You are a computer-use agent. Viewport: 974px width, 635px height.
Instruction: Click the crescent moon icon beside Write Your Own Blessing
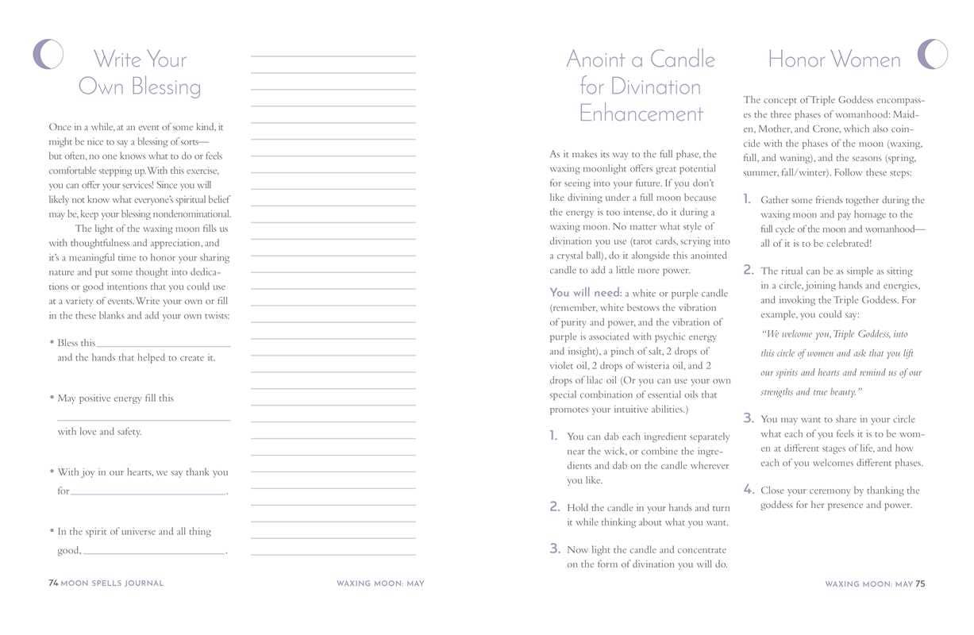click(x=48, y=54)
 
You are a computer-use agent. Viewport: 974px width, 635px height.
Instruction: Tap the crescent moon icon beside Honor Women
click(x=933, y=54)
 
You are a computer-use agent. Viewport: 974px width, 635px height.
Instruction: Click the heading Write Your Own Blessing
click(x=140, y=72)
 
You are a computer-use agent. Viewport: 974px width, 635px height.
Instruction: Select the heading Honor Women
click(x=833, y=60)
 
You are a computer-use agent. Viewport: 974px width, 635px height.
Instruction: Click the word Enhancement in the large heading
click(x=641, y=114)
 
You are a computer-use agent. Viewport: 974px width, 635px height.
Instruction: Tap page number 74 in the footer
click(x=53, y=583)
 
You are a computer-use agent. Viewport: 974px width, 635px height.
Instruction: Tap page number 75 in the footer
click(x=920, y=584)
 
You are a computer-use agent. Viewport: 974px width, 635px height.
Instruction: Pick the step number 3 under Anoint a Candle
click(x=555, y=548)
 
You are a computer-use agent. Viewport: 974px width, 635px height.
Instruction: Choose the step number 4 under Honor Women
click(x=749, y=490)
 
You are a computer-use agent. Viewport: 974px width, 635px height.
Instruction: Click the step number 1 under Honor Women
click(x=748, y=199)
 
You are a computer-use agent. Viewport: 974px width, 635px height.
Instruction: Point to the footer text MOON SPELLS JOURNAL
click(x=112, y=583)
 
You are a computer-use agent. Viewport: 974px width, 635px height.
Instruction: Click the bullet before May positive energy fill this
click(x=52, y=398)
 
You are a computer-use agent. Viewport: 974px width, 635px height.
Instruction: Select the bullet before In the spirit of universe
click(x=52, y=531)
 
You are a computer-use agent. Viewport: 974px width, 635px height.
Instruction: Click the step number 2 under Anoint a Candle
click(x=555, y=506)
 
